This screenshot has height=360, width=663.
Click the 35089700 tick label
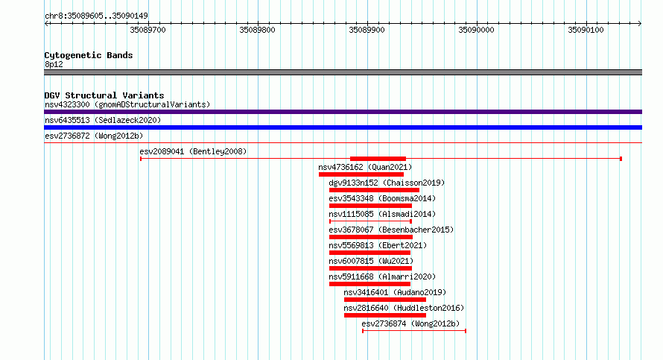tap(147, 30)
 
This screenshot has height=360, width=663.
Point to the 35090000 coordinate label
tap(476, 30)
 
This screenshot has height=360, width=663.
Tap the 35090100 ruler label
tap(586, 30)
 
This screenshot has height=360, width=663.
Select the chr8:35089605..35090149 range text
tap(96, 16)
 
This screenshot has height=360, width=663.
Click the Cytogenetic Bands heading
tap(89, 55)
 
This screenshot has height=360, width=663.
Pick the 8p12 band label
tap(54, 64)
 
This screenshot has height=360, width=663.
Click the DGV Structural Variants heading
tap(104, 95)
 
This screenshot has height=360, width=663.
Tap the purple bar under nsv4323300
tap(343, 112)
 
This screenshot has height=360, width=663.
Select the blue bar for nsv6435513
tap(343, 127)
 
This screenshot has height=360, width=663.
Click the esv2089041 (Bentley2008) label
tap(193, 151)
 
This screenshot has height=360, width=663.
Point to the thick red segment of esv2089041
tap(378, 159)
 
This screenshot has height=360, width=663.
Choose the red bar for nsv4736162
tap(361, 174)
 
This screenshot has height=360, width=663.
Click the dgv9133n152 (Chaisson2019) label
tap(387, 183)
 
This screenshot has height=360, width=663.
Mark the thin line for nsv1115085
tap(370, 221)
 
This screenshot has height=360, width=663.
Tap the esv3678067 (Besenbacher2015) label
tap(391, 230)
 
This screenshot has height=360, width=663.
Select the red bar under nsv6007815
tap(370, 268)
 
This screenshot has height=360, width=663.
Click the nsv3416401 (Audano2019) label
tap(395, 292)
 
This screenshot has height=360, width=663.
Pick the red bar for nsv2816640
tap(385, 315)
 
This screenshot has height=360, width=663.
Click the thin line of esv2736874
tap(414, 331)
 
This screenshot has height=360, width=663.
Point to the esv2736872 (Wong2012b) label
tap(94, 136)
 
